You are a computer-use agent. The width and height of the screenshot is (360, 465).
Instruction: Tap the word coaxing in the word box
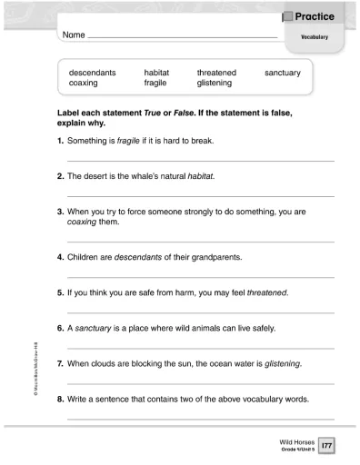click(86, 83)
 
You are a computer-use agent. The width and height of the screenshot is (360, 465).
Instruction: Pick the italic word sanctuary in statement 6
click(94, 328)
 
